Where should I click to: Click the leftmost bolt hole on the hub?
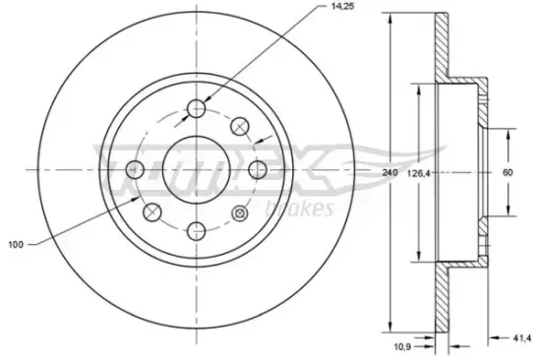(137, 169)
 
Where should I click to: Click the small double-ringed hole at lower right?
(239, 212)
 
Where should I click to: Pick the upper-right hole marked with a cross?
(239, 126)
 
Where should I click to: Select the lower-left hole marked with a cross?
(153, 212)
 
